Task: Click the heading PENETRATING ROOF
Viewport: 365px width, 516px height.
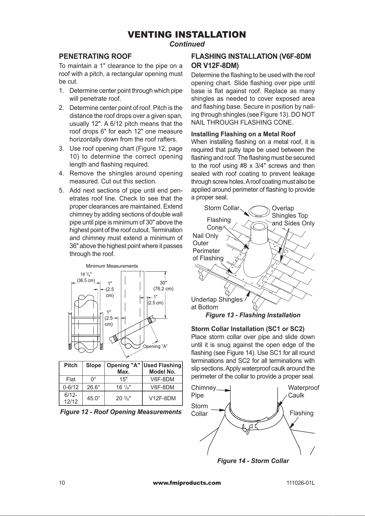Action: (95, 56)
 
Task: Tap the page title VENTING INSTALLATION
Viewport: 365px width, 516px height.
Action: (187, 35)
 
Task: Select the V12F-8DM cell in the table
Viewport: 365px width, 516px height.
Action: (162, 398)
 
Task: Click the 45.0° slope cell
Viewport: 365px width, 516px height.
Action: (93, 398)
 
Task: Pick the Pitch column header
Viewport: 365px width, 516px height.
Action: (71, 365)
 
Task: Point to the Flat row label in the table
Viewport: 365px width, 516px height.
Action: (71, 379)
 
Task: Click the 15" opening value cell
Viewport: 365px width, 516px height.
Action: (123, 379)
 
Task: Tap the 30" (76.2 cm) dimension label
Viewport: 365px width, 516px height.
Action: (163, 285)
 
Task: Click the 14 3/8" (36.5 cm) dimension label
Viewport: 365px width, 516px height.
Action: (86, 277)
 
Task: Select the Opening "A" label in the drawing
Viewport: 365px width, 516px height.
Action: (155, 346)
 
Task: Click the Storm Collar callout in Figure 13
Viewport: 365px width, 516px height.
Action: (221, 208)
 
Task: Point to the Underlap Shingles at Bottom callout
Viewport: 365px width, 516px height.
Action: (217, 303)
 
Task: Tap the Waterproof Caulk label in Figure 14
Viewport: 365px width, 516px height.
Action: (303, 391)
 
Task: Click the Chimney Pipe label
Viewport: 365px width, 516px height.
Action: (203, 391)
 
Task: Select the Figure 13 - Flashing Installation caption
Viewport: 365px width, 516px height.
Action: (253, 315)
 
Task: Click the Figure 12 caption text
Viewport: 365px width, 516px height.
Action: (121, 412)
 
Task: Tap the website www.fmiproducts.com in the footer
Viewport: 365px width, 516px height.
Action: (186, 483)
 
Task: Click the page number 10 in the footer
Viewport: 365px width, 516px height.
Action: (62, 483)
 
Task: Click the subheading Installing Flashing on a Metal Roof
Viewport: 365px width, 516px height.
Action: (243, 134)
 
